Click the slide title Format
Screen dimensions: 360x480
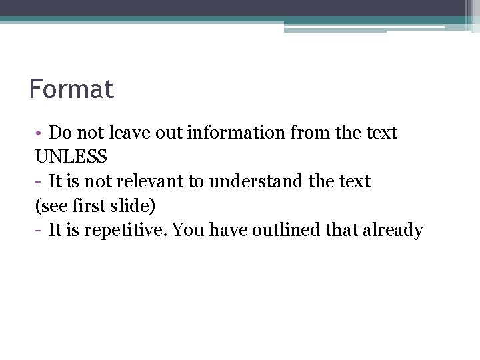point(71,89)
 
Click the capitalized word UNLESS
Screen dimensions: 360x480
point(71,157)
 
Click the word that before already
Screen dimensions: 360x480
point(340,231)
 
